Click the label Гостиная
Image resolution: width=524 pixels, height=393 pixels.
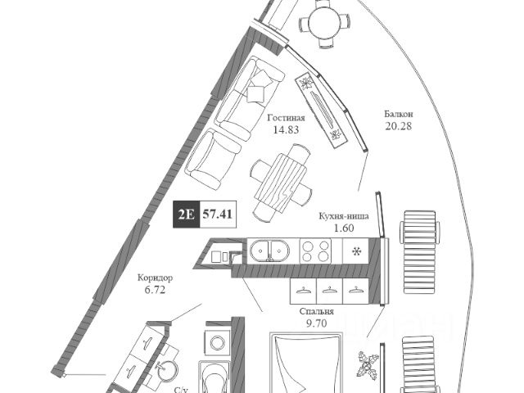click(x=284, y=118)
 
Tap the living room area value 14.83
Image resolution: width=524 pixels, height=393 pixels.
click(x=284, y=129)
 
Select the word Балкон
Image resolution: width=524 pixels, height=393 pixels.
click(x=400, y=113)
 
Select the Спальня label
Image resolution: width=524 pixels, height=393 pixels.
click(x=316, y=312)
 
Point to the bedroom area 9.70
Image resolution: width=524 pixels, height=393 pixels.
click(x=316, y=323)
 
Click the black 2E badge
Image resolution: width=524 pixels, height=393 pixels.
click(x=184, y=217)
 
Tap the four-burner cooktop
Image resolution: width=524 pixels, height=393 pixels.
click(x=316, y=250)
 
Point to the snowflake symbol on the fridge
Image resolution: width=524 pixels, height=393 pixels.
click(x=358, y=250)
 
